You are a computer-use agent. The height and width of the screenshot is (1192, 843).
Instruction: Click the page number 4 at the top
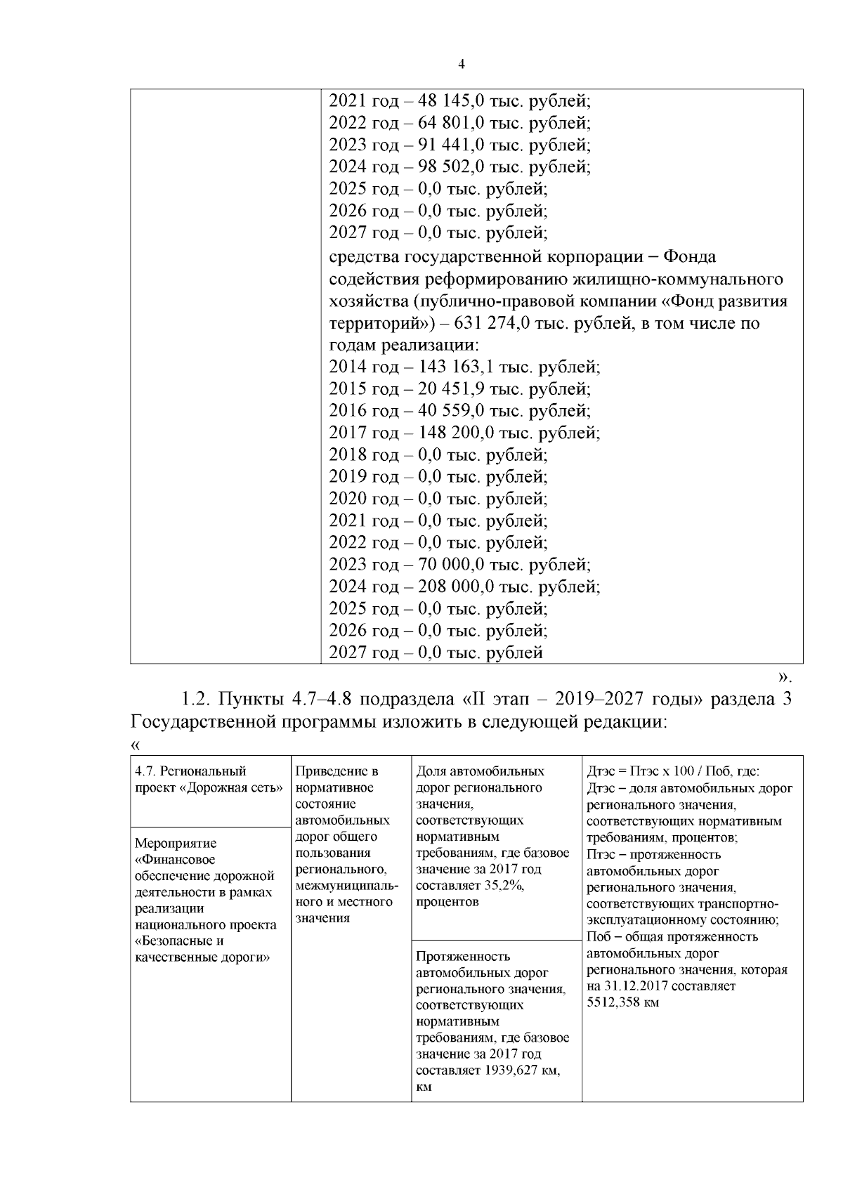[461, 65]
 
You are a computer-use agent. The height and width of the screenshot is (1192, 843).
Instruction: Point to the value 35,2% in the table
[503, 886]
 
